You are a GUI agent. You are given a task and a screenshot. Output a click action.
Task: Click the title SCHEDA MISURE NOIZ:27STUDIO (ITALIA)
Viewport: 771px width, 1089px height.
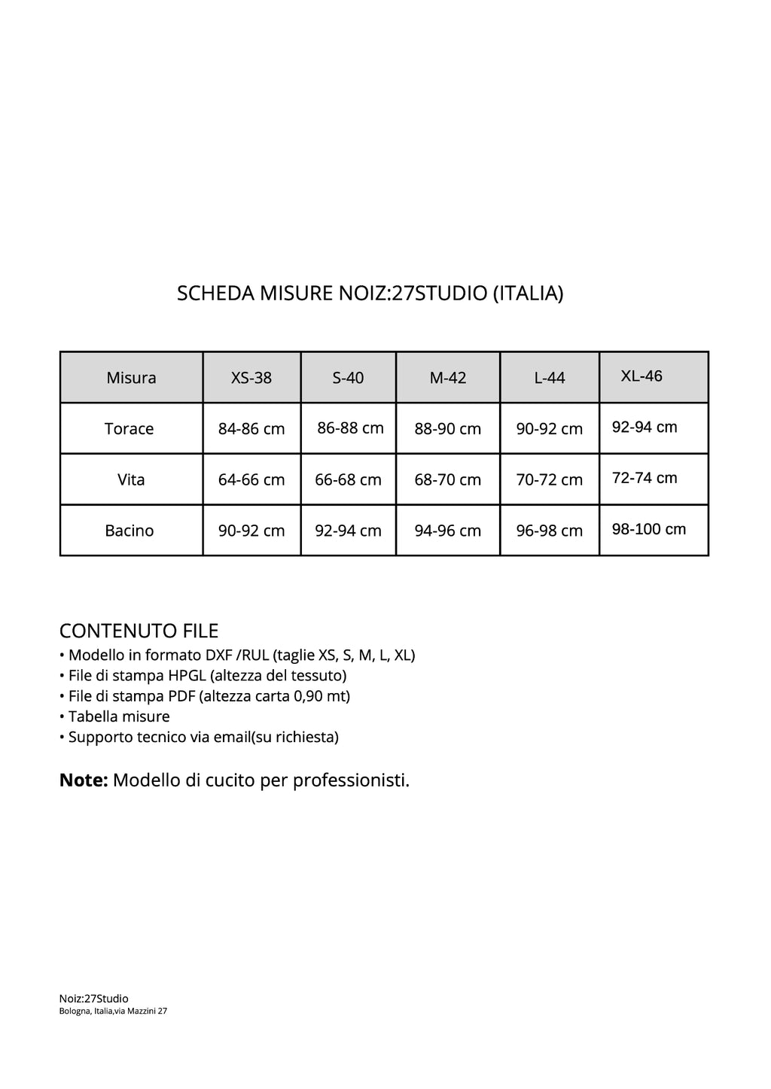pyautogui.click(x=370, y=293)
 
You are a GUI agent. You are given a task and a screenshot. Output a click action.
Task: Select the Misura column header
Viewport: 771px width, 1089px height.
pyautogui.click(x=131, y=378)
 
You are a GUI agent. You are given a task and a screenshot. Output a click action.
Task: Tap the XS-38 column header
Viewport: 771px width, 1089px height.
pyautogui.click(x=251, y=378)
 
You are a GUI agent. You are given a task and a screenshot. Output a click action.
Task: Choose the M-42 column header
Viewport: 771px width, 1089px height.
pyautogui.click(x=448, y=378)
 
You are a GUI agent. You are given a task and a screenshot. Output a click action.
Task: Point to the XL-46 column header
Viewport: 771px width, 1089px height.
pyautogui.click(x=641, y=376)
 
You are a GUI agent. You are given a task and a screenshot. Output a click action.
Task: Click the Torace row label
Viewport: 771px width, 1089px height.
pyautogui.click(x=130, y=429)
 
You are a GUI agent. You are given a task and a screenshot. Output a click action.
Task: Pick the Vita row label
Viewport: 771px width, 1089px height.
pyautogui.click(x=131, y=479)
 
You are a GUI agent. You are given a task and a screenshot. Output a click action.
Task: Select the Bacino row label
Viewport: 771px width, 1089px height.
pyautogui.click(x=130, y=531)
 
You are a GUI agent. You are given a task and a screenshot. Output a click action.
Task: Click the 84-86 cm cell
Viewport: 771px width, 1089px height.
pyautogui.click(x=251, y=429)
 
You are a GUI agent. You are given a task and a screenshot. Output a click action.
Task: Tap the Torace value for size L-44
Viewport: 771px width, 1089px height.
pyautogui.click(x=550, y=429)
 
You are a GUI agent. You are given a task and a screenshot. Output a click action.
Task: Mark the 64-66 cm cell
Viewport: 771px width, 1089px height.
pyautogui.click(x=251, y=479)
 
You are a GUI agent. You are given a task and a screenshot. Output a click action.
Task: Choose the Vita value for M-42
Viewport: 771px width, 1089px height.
pyautogui.click(x=448, y=479)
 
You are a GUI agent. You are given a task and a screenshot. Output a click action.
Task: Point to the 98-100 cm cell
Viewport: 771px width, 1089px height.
pyautogui.click(x=649, y=529)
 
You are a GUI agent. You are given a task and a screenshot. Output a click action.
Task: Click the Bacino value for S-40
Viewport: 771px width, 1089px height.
pyautogui.click(x=349, y=531)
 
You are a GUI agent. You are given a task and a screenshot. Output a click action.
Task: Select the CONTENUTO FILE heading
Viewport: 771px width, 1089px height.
pyautogui.click(x=139, y=631)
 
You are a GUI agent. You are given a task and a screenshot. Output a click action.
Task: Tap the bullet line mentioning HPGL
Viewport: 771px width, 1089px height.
pyautogui.click(x=203, y=675)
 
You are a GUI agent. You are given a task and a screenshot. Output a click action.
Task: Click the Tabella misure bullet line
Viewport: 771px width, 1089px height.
pyautogui.click(x=114, y=716)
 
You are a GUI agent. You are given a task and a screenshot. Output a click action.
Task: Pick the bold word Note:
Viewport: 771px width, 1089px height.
pyautogui.click(x=84, y=780)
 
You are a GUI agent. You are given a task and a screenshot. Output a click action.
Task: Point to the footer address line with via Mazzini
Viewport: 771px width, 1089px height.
pyautogui.click(x=113, y=1011)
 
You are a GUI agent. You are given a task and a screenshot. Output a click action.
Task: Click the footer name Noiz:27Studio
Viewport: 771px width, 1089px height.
pyautogui.click(x=94, y=999)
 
